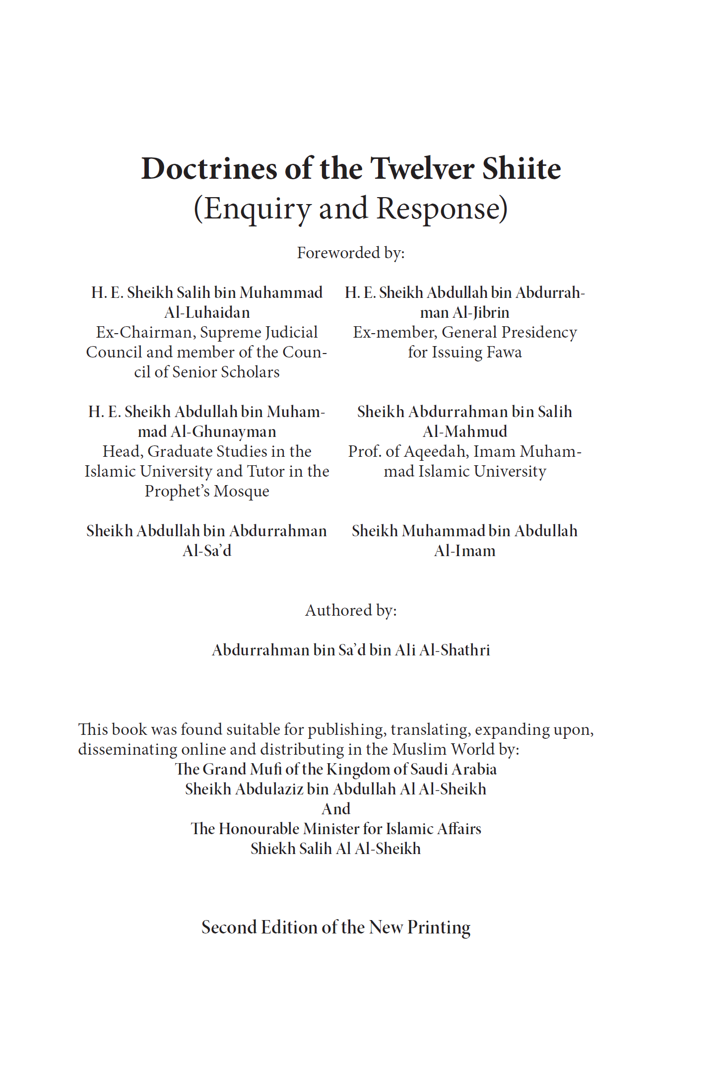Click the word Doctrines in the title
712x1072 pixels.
click(209, 168)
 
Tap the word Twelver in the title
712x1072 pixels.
click(422, 168)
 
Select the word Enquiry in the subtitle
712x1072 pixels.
click(258, 209)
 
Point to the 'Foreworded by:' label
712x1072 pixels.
click(351, 253)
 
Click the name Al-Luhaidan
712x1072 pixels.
click(207, 312)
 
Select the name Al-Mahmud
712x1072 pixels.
click(465, 431)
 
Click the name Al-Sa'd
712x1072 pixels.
click(207, 551)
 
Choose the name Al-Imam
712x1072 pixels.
click(465, 551)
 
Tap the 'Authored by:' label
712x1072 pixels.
click(351, 610)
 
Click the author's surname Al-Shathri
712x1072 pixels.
click(454, 650)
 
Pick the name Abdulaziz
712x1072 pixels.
click(268, 789)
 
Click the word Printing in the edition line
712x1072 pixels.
click(439, 927)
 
